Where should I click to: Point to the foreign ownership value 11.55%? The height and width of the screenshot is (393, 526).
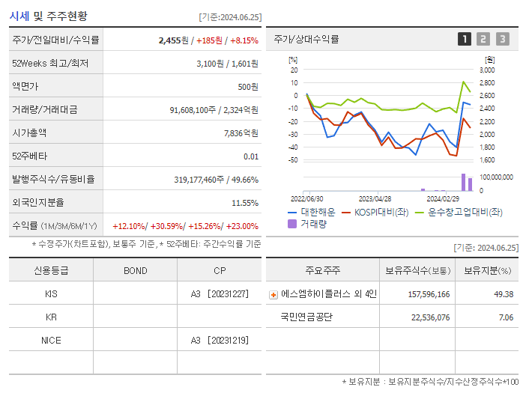pyautogui.click(x=245, y=203)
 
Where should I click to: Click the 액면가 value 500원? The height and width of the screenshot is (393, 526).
pyautogui.click(x=248, y=87)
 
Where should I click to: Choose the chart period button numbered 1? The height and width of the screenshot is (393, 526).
pyautogui.click(x=465, y=39)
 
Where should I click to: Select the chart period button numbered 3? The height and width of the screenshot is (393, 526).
pyautogui.click(x=502, y=39)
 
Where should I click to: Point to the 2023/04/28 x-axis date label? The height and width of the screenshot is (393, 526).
pyautogui.click(x=375, y=199)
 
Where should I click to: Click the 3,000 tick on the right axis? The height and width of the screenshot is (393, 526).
pyautogui.click(x=486, y=70)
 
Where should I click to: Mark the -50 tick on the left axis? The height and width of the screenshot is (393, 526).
pyautogui.click(x=294, y=160)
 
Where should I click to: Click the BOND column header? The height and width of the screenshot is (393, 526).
pyautogui.click(x=135, y=271)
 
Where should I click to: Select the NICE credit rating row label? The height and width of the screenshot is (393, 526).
pyautogui.click(x=51, y=341)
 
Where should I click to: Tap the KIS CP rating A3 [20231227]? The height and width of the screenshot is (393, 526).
pyautogui.click(x=219, y=294)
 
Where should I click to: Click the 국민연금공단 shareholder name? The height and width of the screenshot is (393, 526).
pyautogui.click(x=306, y=317)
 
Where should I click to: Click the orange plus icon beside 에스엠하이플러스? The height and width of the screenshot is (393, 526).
pyautogui.click(x=273, y=295)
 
